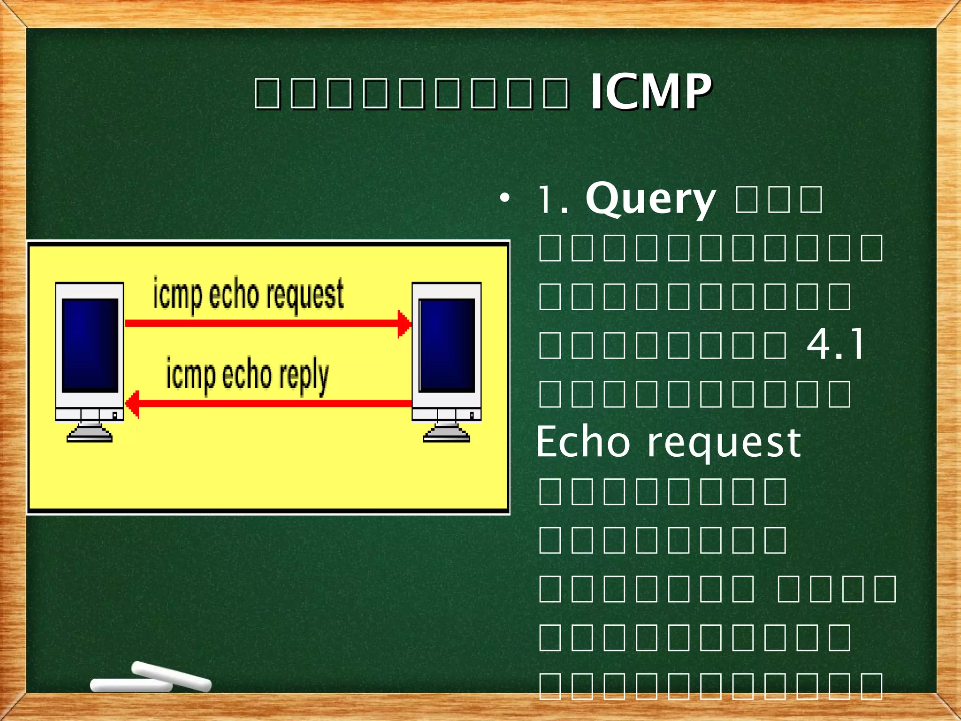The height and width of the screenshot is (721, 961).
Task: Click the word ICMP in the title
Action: point(650,92)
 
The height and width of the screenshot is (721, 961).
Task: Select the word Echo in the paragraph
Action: point(583,442)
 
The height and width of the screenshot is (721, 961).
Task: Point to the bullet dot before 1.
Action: point(504,199)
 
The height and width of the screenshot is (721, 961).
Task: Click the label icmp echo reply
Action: point(247,376)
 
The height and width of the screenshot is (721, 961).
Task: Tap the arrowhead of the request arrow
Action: point(404,323)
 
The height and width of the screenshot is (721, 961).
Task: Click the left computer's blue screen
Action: point(90,345)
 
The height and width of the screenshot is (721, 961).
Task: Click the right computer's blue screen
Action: point(447,345)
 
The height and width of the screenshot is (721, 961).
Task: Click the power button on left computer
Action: point(114,415)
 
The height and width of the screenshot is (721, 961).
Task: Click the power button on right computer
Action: point(472,415)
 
